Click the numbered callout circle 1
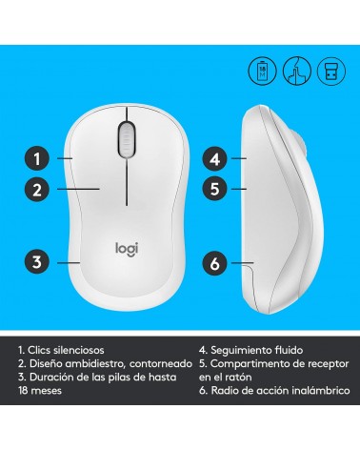[x=37, y=158]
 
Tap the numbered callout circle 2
[x=37, y=190]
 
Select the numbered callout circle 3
[x=37, y=262]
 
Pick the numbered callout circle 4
[x=215, y=158]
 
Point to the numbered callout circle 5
[x=215, y=189]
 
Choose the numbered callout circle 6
[x=215, y=263]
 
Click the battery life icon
[x=262, y=71]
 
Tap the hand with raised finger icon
[x=297, y=71]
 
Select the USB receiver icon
[x=331, y=71]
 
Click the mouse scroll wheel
[x=127, y=139]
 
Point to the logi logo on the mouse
[x=127, y=249]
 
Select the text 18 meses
[x=40, y=390]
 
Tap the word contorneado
[x=161, y=363]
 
